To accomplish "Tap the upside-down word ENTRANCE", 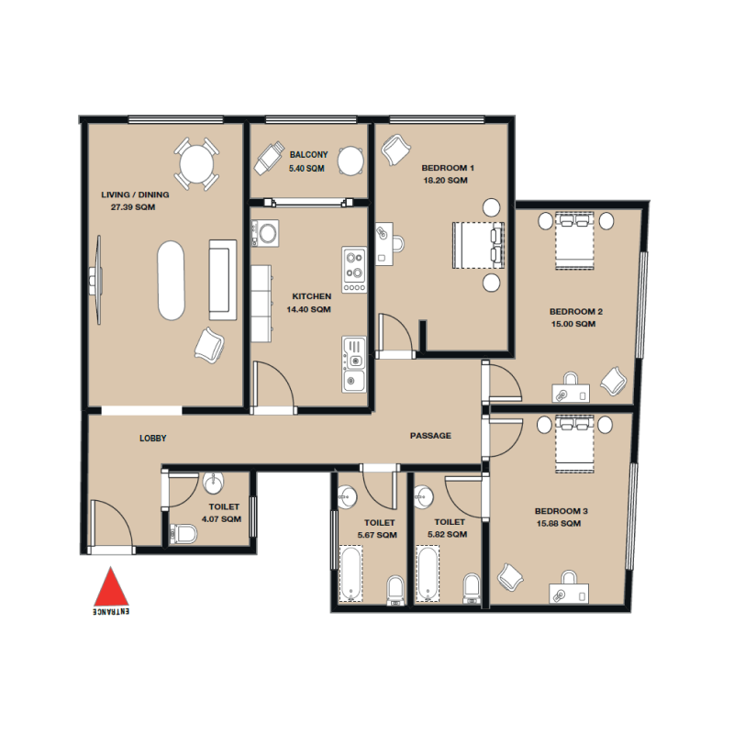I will pyautogui.click(x=111, y=609).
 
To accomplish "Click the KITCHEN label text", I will pyautogui.click(x=311, y=297).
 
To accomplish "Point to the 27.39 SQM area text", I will pyautogui.click(x=133, y=208).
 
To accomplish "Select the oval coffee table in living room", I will pyautogui.click(x=171, y=280).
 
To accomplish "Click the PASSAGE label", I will pyautogui.click(x=430, y=436).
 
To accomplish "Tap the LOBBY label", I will pyautogui.click(x=153, y=439).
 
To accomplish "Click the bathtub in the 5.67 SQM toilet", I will pyautogui.click(x=350, y=574).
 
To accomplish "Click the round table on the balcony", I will pyautogui.click(x=351, y=161).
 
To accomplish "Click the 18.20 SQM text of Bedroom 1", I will pyautogui.click(x=446, y=182).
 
